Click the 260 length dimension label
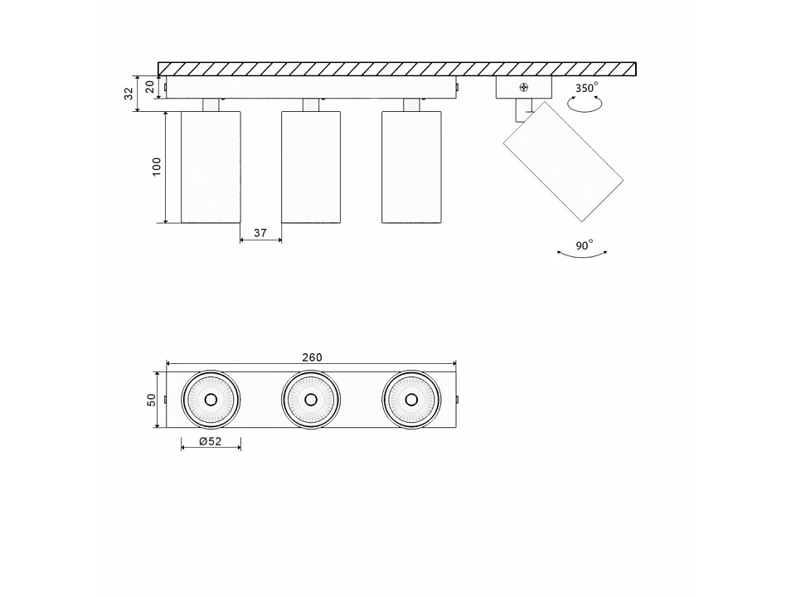(x=313, y=357)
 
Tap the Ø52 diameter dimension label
(x=211, y=441)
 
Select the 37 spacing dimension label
(x=260, y=233)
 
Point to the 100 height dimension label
(x=157, y=167)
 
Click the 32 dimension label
(x=129, y=94)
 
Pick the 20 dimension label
(x=150, y=87)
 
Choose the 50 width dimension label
(x=151, y=400)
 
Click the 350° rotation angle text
(x=586, y=88)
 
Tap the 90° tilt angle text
(x=585, y=245)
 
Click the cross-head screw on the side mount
(x=524, y=87)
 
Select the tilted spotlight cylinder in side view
(x=564, y=162)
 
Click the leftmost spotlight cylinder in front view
(x=211, y=167)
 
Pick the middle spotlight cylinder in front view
(x=311, y=167)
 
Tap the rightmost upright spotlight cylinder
(x=411, y=167)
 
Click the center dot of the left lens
(x=211, y=400)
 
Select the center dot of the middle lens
(x=311, y=400)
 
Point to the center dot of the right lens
(x=411, y=400)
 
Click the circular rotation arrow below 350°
(x=585, y=104)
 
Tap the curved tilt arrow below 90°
(x=582, y=255)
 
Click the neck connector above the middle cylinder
(x=311, y=105)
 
